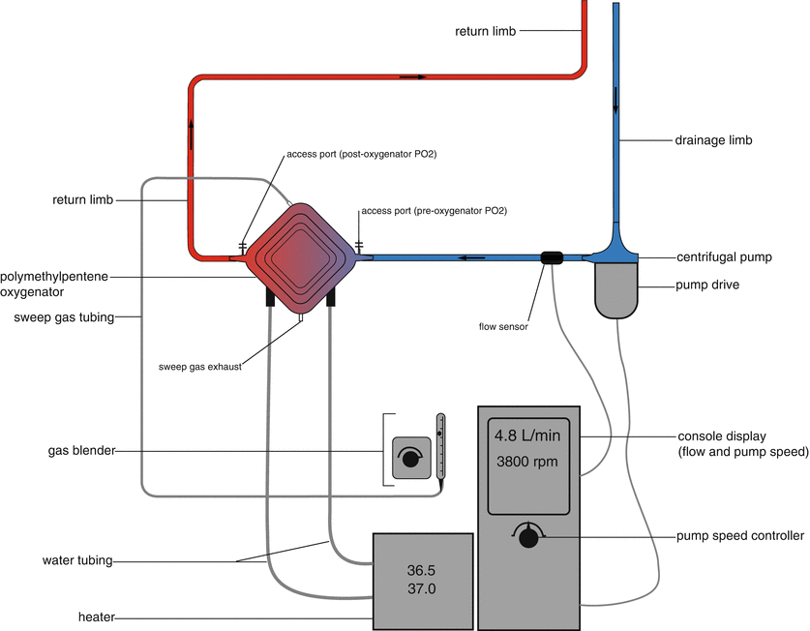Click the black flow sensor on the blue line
pyautogui.click(x=552, y=257)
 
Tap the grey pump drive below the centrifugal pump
pyautogui.click(x=617, y=291)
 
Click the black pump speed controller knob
pyautogui.click(x=528, y=538)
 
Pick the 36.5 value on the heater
pyautogui.click(x=422, y=568)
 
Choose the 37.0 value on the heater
pyautogui.click(x=422, y=587)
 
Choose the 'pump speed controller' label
pyautogui.click(x=740, y=536)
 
